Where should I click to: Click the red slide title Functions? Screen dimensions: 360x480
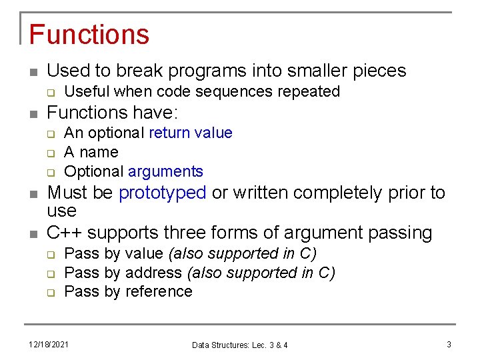tap(89, 34)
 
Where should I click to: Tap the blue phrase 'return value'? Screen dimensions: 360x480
tap(191, 133)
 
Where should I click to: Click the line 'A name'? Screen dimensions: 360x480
tap(91, 152)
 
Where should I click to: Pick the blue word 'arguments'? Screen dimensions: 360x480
tap(165, 171)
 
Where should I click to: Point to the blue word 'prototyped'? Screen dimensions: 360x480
tap(163, 193)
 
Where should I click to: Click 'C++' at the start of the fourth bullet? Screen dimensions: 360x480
tap(65, 233)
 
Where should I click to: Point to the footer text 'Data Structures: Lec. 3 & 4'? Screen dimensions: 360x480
tap(240, 345)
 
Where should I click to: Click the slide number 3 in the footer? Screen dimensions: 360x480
tap(449, 345)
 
